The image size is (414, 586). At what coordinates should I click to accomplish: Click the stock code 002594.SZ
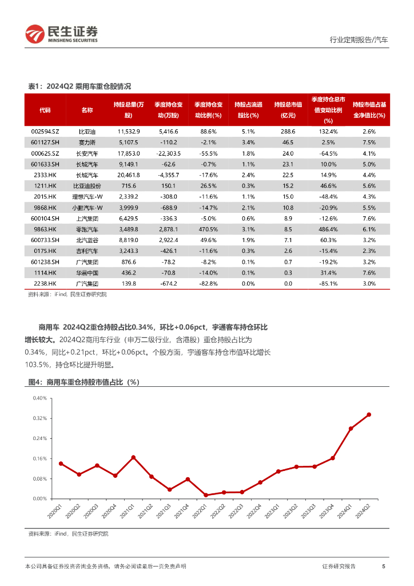click(45, 131)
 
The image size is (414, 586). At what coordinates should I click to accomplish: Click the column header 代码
click(45, 109)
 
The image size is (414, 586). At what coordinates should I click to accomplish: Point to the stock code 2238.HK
click(45, 283)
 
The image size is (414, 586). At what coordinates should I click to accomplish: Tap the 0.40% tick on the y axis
click(39, 398)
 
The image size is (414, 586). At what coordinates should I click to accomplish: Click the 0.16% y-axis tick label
click(39, 459)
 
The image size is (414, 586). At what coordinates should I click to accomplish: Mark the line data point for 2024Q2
click(369, 414)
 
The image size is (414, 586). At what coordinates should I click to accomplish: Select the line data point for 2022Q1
click(206, 495)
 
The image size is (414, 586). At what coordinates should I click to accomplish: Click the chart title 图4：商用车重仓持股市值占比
click(85, 382)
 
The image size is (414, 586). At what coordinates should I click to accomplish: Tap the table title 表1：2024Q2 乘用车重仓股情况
click(79, 86)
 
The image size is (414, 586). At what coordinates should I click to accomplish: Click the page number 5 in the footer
click(383, 566)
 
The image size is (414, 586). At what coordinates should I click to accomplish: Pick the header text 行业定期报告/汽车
click(359, 40)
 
